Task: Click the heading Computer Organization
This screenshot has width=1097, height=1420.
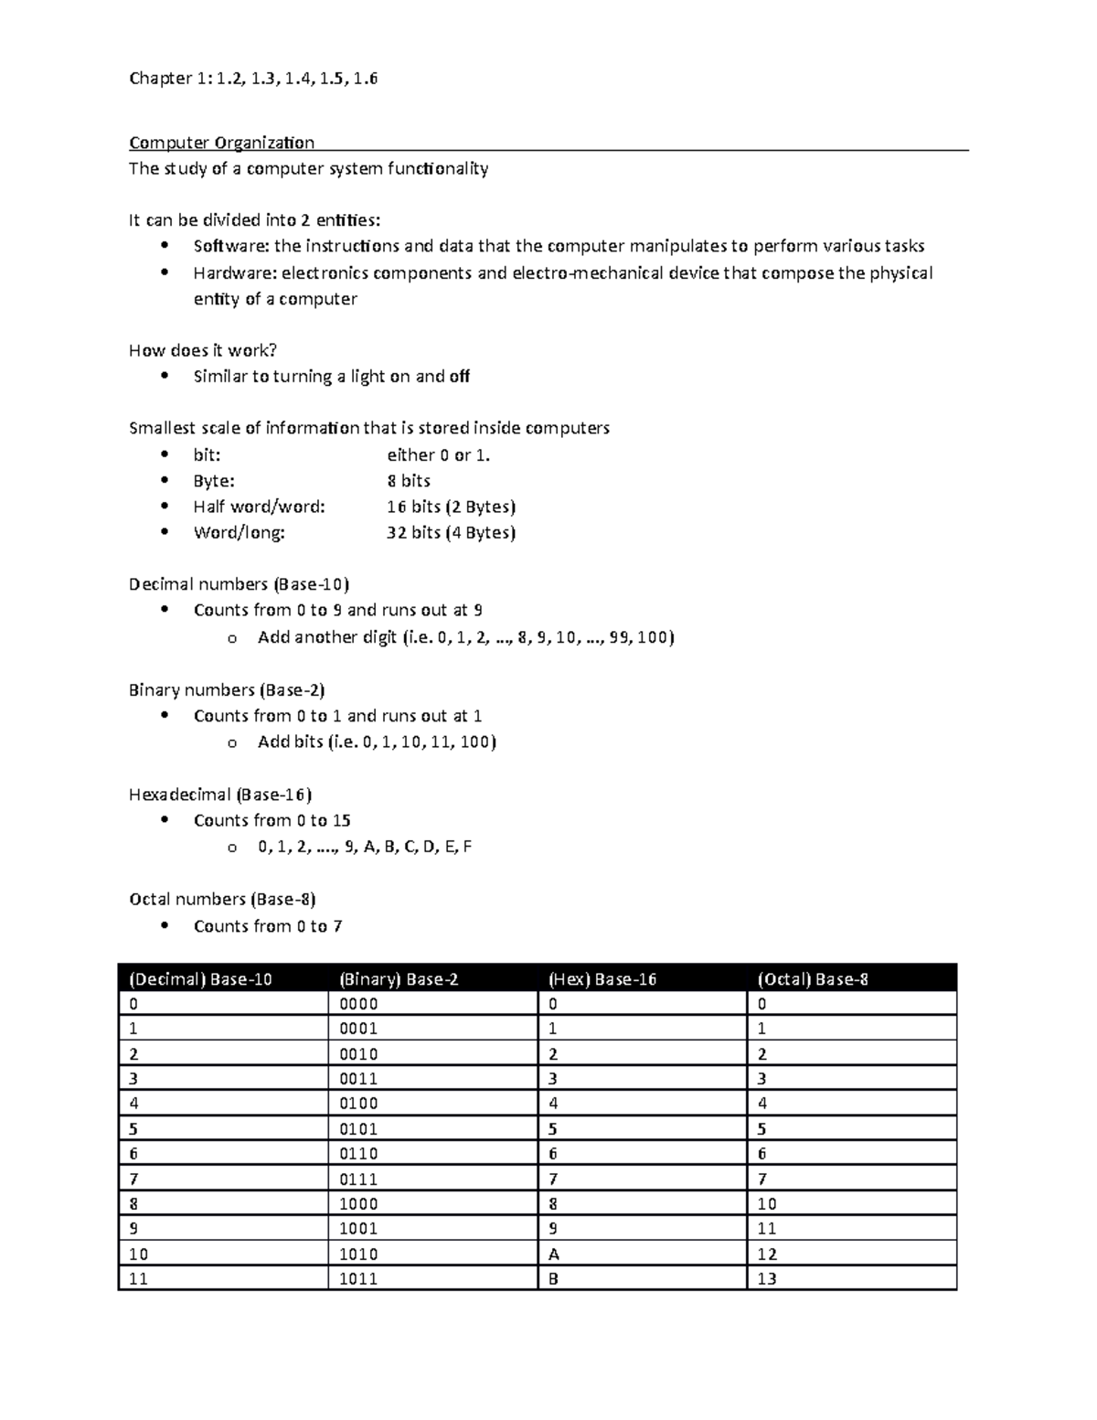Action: pyautogui.click(x=221, y=143)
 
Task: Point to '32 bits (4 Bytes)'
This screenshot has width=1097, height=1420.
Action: pyautogui.click(x=451, y=533)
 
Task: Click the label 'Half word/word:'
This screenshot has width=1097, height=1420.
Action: pyautogui.click(x=259, y=507)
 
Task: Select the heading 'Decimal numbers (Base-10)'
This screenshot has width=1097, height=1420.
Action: pyautogui.click(x=239, y=584)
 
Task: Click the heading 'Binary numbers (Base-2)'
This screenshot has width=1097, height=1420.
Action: pyautogui.click(x=227, y=690)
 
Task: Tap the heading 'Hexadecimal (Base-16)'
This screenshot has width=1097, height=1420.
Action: pyautogui.click(x=220, y=795)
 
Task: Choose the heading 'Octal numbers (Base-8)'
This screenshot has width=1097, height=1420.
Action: pyautogui.click(x=222, y=900)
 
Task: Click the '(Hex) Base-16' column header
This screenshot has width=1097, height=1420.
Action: pyautogui.click(x=602, y=979)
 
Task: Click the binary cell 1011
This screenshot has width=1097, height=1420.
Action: pyautogui.click(x=358, y=1279)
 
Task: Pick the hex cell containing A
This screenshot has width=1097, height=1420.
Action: pyautogui.click(x=553, y=1255)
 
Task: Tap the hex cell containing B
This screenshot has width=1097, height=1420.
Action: pyautogui.click(x=553, y=1279)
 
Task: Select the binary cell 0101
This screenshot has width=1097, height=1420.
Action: pyautogui.click(x=358, y=1129)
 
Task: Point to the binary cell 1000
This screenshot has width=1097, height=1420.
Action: pyautogui.click(x=358, y=1204)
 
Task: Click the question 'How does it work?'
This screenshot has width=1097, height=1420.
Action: pyautogui.click(x=202, y=351)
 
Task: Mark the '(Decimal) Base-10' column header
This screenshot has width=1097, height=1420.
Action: pyautogui.click(x=200, y=979)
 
